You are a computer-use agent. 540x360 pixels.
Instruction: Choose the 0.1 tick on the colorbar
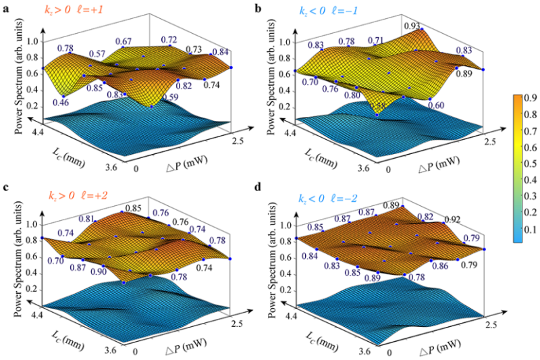530,230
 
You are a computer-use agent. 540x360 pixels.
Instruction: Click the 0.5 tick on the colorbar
530,163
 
